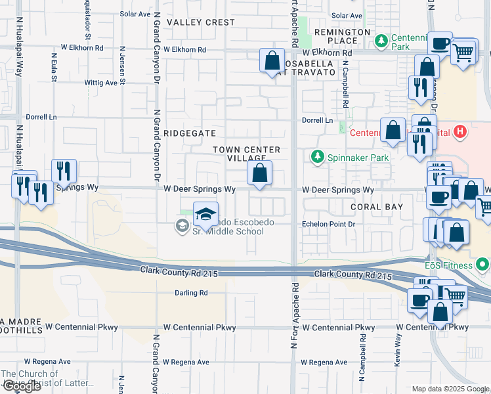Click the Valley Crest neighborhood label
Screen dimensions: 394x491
pos(200,22)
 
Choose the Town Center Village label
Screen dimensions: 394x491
pos(246,154)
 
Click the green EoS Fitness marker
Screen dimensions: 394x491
pos(483,265)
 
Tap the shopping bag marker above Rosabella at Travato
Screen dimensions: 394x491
pos(272,62)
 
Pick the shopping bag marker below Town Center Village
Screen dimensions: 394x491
pos(260,174)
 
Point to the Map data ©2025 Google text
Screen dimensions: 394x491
pos(450,389)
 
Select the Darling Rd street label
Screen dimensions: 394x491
pos(191,293)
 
